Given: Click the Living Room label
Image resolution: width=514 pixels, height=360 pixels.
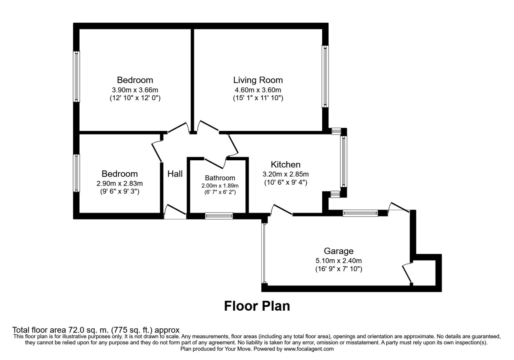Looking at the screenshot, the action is click(x=258, y=80).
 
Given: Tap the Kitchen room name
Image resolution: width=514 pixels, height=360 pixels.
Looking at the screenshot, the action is click(x=285, y=165).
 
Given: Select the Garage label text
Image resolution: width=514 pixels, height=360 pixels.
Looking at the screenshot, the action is click(x=338, y=251).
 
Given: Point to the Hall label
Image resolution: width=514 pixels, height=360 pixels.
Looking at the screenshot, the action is click(x=175, y=174).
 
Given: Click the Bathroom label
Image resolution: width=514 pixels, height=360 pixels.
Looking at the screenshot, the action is click(x=220, y=178).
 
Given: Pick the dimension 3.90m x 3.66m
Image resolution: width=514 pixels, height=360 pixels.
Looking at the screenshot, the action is click(x=135, y=90).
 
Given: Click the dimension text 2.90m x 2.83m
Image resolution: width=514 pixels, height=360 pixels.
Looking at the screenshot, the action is click(x=120, y=183).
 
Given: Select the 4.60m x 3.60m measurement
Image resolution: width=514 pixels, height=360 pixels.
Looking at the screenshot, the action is click(x=258, y=90).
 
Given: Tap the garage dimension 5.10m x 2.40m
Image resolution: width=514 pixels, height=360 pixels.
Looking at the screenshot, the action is click(x=338, y=261).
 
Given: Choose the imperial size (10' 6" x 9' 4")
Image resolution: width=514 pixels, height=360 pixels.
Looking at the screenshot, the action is click(x=285, y=183).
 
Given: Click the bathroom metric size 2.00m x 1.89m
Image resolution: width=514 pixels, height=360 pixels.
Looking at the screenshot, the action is click(x=220, y=186).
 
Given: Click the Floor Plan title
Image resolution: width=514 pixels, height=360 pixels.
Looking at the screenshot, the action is click(x=257, y=306).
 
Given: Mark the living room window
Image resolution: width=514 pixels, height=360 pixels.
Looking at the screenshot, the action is click(x=325, y=76).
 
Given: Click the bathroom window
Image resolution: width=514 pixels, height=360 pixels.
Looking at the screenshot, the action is click(x=219, y=216).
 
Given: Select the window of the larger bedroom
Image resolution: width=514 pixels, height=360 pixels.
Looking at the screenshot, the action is click(x=76, y=76).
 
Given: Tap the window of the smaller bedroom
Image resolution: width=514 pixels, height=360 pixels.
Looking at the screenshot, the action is click(x=76, y=173).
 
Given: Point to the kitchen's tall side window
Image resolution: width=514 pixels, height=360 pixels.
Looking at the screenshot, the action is click(x=344, y=161).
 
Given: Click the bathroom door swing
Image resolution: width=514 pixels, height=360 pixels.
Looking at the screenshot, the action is click(x=215, y=163).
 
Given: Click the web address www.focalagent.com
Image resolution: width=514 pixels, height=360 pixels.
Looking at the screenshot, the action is click(x=309, y=349).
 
